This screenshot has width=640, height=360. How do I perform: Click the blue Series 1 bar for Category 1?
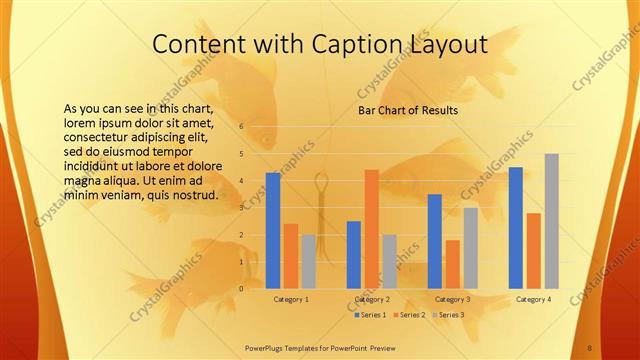click(x=273, y=230)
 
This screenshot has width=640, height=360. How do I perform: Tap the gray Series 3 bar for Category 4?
click(x=551, y=220)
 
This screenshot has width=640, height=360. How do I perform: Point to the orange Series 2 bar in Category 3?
click(x=453, y=264)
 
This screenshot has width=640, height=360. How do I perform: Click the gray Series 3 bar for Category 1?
click(x=308, y=261)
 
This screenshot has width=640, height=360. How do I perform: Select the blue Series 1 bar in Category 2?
click(x=354, y=254)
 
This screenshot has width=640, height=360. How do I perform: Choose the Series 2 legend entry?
click(x=411, y=315)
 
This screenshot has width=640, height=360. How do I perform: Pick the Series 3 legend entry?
click(x=450, y=315)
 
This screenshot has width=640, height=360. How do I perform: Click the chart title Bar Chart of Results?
click(x=408, y=111)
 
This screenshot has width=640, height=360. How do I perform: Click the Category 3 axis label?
click(x=453, y=299)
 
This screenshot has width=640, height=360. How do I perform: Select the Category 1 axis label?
click(x=291, y=299)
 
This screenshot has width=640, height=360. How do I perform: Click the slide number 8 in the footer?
click(x=590, y=348)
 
